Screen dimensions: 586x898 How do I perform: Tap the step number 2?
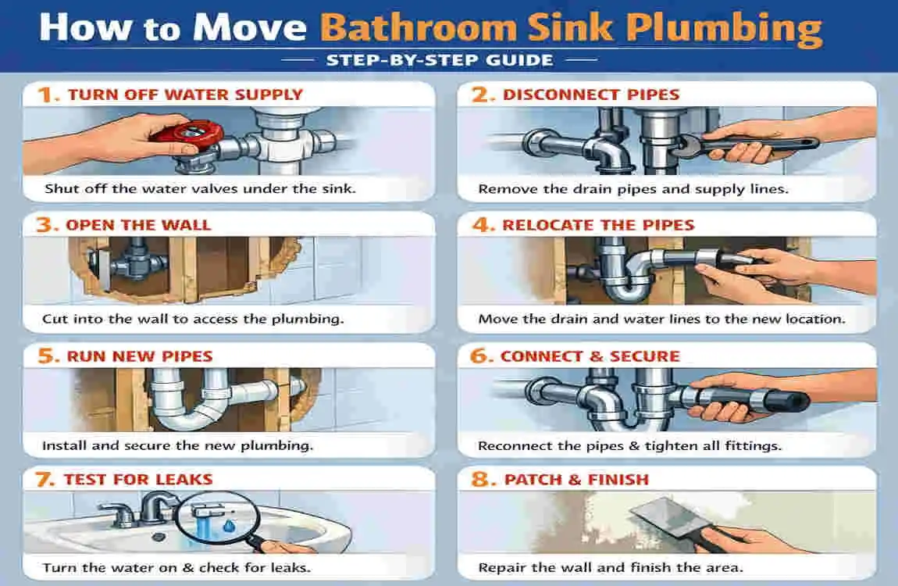click(479, 95)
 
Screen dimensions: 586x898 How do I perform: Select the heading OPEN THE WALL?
click(138, 225)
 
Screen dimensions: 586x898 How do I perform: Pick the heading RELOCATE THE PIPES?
click(598, 225)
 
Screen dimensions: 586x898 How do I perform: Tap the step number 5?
click(49, 356)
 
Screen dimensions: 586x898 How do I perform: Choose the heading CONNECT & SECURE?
click(590, 356)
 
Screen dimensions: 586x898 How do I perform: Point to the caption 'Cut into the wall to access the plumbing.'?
click(194, 319)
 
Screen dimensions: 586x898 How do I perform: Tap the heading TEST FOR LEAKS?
click(138, 479)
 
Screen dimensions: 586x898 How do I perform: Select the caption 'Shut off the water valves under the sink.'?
click(200, 188)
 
